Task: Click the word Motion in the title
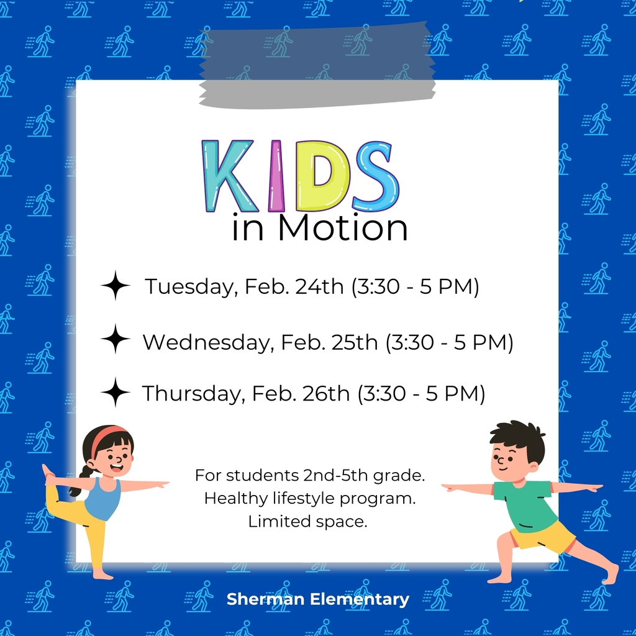tap(342, 228)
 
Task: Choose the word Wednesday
tap(208, 343)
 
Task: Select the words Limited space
tap(308, 521)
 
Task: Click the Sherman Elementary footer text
tap(317, 599)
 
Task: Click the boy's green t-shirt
tap(525, 504)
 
